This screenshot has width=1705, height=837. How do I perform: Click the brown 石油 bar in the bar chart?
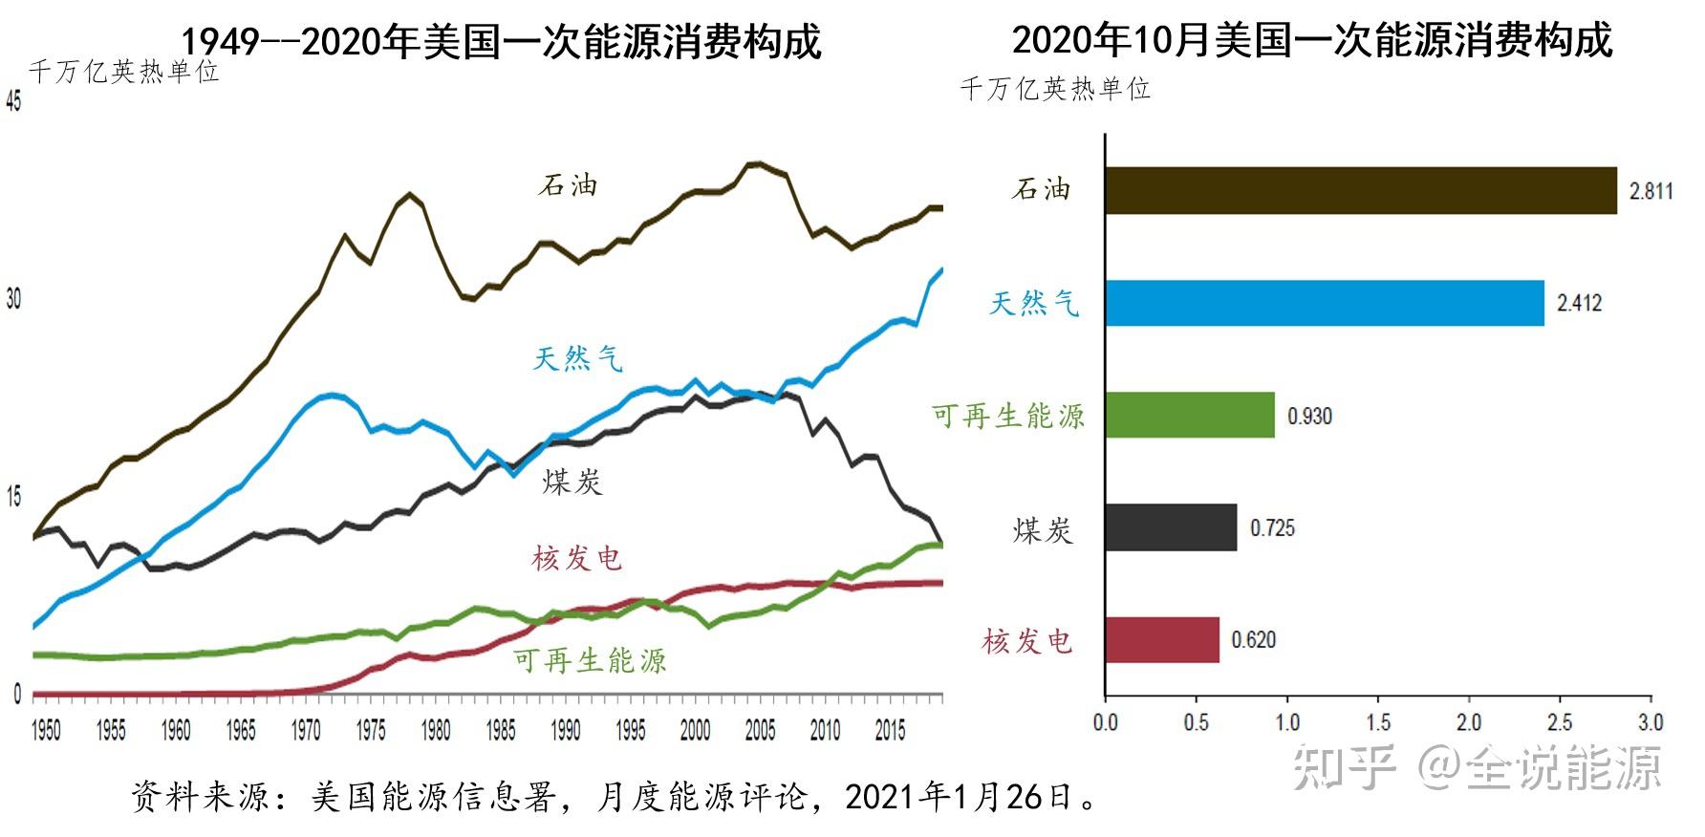coord(1360,190)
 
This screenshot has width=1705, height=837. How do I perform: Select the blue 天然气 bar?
coord(1324,303)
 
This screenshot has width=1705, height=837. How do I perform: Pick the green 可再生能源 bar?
coord(1189,416)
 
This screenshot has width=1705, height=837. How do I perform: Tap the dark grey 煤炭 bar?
coord(1170,528)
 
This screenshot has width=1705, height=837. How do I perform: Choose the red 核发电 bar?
coord(1161,640)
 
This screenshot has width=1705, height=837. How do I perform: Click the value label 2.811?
coord(1651,191)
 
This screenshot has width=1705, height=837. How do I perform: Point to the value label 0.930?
coord(1308,417)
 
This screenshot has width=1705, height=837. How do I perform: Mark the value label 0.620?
coord(1253,640)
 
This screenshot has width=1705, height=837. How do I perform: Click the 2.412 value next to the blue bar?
coord(1579,304)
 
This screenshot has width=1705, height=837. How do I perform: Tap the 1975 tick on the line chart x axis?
coord(371,731)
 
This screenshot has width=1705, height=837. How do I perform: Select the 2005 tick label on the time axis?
coord(760,731)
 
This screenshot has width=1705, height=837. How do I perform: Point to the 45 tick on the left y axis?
coord(13,100)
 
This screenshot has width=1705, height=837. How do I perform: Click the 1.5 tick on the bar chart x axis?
coord(1378,722)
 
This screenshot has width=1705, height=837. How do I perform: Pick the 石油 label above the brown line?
coord(568,184)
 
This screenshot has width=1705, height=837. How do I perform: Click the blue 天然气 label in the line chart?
coord(577,358)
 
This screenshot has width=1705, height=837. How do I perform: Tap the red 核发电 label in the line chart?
coord(577,558)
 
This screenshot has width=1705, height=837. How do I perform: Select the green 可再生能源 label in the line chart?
coord(590,660)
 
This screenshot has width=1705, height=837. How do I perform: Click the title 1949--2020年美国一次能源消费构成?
coord(501,41)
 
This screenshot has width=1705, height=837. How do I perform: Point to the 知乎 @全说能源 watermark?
coord(1478,767)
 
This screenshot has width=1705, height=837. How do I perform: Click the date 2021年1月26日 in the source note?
coord(960,796)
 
